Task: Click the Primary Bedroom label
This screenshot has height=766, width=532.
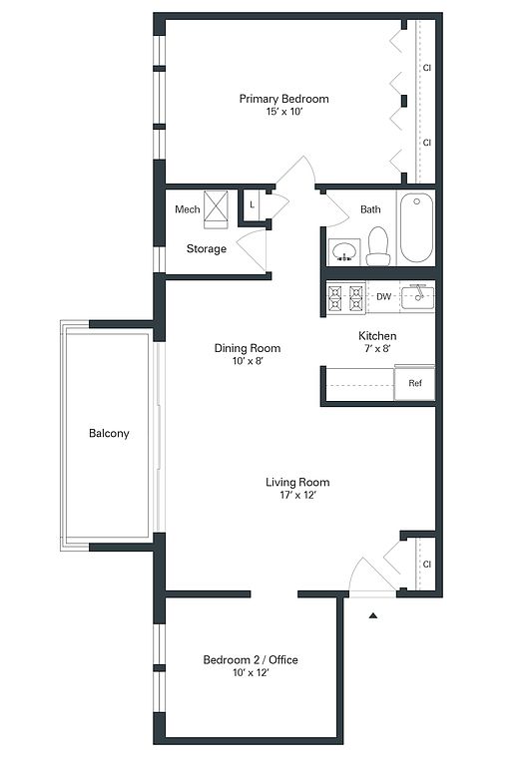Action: [x=283, y=99]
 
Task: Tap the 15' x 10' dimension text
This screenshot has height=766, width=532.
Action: [x=284, y=112]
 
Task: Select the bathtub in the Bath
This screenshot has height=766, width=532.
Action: [x=416, y=228]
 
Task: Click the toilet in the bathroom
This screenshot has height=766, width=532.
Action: [x=378, y=246]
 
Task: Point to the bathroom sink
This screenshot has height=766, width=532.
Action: [x=344, y=252]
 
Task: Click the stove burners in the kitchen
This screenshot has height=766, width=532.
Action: [x=346, y=298]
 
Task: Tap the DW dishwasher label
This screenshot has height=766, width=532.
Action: [x=383, y=296]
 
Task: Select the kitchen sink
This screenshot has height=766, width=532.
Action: [x=417, y=297]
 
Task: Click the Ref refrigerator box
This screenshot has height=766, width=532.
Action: [x=414, y=383]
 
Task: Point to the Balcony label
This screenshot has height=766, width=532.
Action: [x=109, y=433]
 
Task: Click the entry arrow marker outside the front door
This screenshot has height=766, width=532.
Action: [x=373, y=615]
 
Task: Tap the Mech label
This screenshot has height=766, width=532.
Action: [x=188, y=209]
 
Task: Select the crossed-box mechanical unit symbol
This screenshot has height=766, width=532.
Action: [x=216, y=209]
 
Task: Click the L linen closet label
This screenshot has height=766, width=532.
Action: [x=252, y=204]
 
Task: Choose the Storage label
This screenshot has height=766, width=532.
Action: [x=207, y=248]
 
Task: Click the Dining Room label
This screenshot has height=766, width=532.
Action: [x=248, y=348]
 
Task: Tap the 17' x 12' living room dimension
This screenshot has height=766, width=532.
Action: [x=297, y=496]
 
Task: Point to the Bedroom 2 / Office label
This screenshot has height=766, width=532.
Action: [x=251, y=660]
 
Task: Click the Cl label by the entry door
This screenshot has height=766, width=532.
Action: [x=427, y=565]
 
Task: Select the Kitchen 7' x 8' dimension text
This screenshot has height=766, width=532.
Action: [x=377, y=349]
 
